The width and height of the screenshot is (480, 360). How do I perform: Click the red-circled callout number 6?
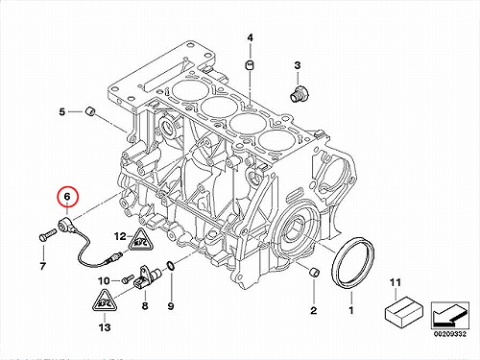[67, 197]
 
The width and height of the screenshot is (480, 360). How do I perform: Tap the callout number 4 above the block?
[250, 37]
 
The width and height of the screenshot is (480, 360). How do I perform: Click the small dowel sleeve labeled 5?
[90, 111]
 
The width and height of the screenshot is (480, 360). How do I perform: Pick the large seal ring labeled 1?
[352, 262]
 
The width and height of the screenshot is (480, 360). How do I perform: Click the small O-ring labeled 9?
[170, 265]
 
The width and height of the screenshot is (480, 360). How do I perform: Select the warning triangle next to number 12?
[140, 239]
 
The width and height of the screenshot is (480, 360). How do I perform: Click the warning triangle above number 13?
[105, 300]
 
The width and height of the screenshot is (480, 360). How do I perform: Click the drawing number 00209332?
[450, 334]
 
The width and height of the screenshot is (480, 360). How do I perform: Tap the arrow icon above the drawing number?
[450, 315]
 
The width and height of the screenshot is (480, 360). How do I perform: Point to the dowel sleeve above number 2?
[314, 271]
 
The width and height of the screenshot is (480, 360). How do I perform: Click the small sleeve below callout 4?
[250, 64]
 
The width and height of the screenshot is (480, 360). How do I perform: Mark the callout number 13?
[105, 327]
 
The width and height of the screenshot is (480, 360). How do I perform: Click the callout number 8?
[145, 305]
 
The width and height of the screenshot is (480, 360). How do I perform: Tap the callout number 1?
[351, 310]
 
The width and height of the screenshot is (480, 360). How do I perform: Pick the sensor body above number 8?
[148, 276]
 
